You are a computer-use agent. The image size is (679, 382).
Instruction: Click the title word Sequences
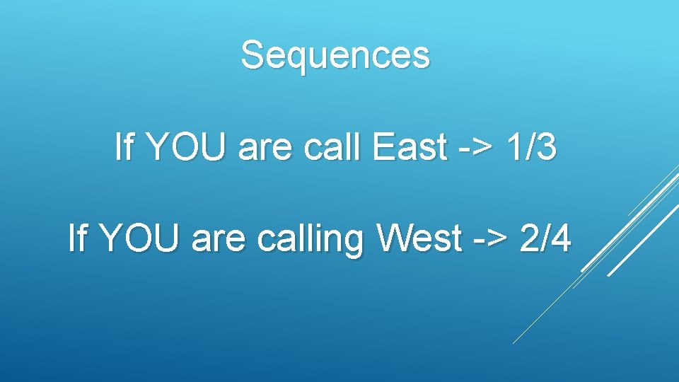point(335,54)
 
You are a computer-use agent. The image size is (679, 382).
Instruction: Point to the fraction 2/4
point(545,238)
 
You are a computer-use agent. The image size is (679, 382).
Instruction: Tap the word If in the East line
point(123,148)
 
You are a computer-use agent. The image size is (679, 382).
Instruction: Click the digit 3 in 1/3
point(547,148)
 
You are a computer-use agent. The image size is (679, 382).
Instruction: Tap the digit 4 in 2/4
point(562,238)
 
